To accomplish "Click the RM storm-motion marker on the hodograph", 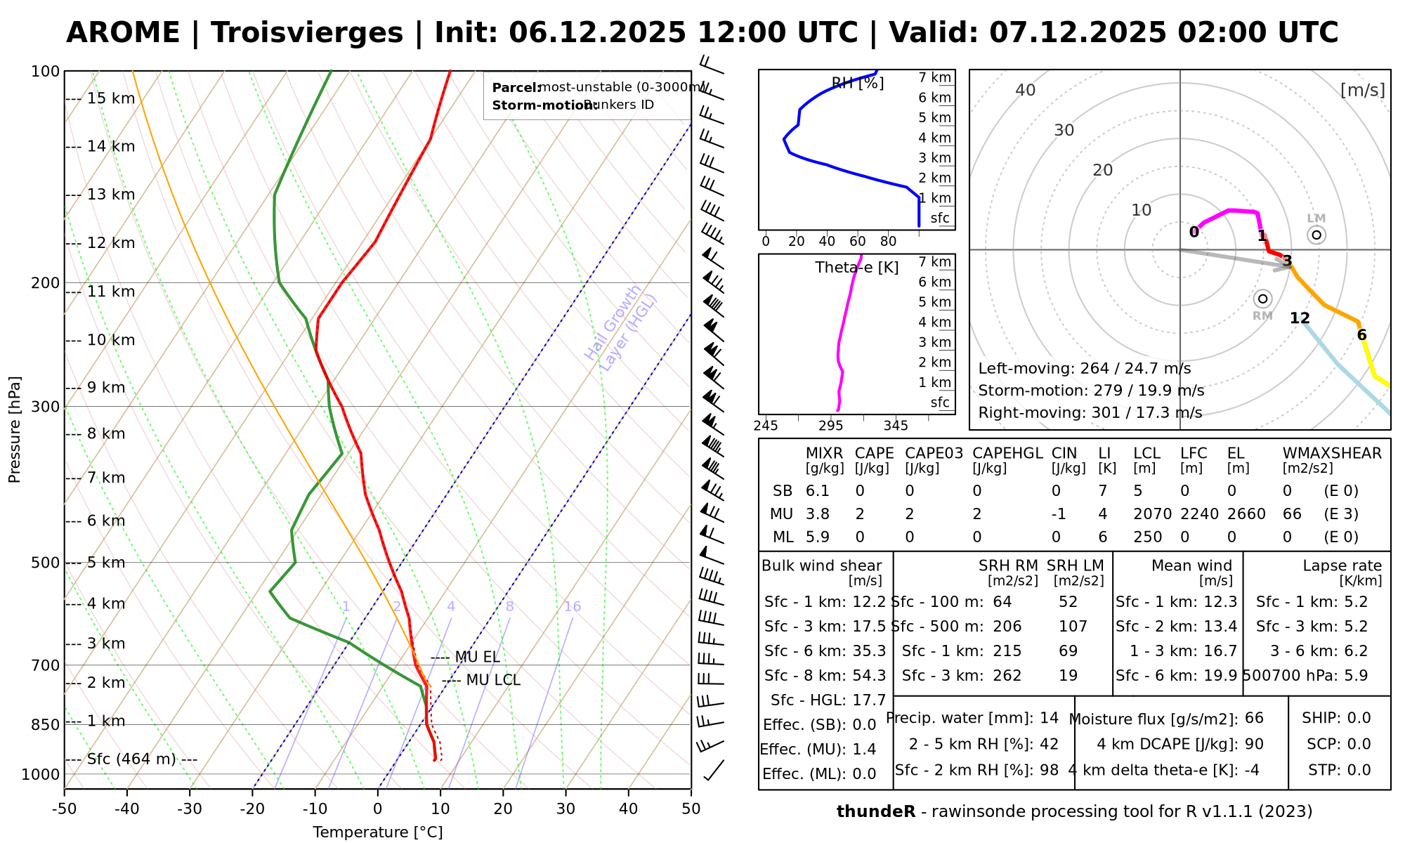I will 1262,299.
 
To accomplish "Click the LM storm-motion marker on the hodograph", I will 1316,235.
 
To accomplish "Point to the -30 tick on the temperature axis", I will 190,809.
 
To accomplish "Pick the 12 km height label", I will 110,243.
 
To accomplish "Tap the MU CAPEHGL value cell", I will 976,514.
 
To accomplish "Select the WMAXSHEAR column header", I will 1332,454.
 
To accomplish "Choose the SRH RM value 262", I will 1007,676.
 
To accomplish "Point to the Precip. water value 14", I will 1049,718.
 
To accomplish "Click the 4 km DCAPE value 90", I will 1253,744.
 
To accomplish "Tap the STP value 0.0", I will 1359,770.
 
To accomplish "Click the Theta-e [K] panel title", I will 856,268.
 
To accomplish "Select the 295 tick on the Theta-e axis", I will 830,426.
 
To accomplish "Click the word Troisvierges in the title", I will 307,33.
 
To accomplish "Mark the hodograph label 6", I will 1361,335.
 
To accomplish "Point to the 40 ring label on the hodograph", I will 1026,90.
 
